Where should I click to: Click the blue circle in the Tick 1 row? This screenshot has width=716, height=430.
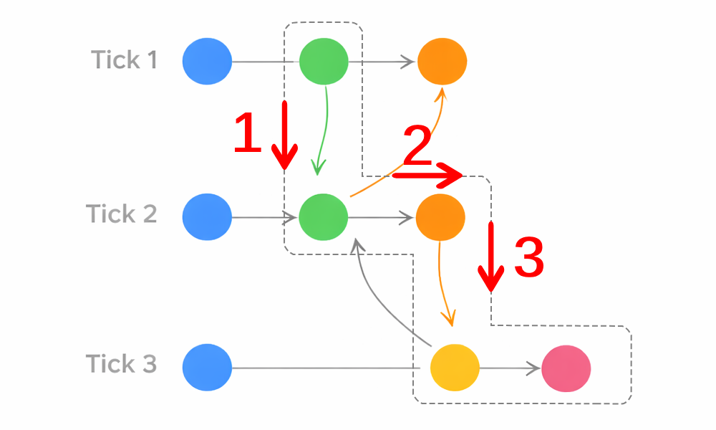207,62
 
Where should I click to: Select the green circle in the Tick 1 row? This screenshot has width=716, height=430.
324,62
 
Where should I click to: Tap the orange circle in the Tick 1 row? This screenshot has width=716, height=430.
442,62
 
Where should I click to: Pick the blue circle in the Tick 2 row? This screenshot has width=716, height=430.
207,216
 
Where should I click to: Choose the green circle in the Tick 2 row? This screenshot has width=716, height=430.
324,216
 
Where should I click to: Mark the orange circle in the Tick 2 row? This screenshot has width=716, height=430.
440,216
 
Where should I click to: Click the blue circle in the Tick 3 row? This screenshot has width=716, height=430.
207,368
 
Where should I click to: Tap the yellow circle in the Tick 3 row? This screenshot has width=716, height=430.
454,368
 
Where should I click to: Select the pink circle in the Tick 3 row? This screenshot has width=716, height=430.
566,368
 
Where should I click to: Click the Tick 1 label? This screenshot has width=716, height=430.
125,60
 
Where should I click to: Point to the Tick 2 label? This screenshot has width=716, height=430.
122,214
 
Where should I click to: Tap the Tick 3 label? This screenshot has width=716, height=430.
122,364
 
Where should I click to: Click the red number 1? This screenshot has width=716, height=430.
248,133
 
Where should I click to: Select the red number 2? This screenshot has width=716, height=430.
417,145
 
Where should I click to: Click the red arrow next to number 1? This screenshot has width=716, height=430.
284,136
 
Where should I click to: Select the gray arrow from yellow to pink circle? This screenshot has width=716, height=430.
508,369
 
